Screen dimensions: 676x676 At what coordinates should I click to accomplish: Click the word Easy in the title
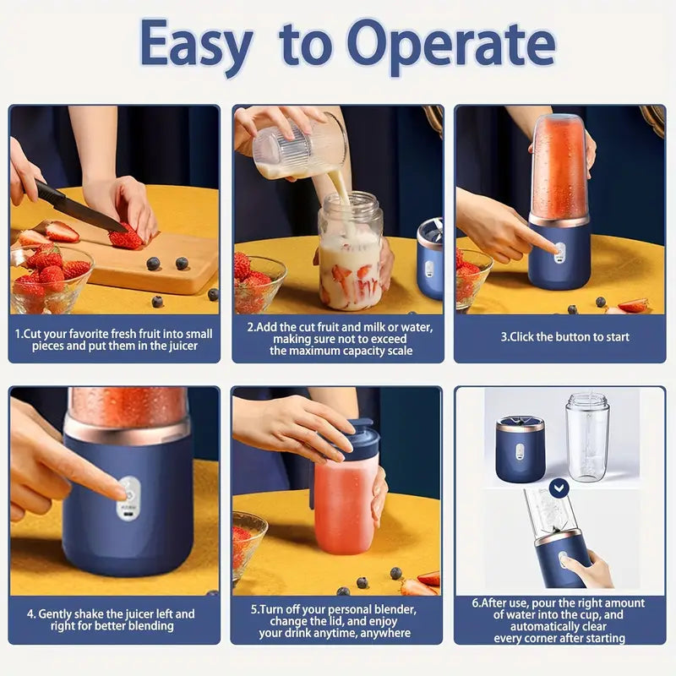point(197,45)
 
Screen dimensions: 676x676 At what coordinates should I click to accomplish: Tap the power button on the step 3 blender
point(559,248)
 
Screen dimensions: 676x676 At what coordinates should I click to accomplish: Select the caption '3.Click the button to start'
point(564,336)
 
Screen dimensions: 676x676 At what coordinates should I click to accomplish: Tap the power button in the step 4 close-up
point(129,488)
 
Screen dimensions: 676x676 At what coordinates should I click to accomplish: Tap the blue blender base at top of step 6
point(520,448)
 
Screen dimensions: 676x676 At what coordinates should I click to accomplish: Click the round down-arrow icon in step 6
point(558,488)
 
